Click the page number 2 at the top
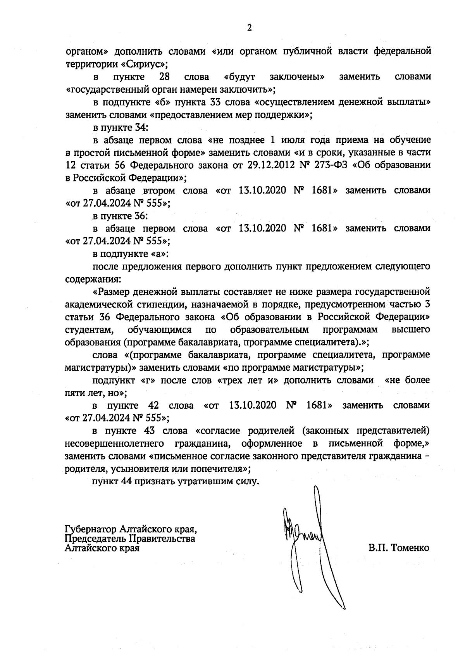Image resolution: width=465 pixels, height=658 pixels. coord(249,28)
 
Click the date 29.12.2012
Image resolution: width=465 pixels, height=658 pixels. coord(267,166)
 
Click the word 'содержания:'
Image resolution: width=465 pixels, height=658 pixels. coord(88,279)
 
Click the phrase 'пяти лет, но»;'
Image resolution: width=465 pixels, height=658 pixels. coord(96,393)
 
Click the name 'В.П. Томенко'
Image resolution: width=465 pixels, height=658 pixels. coord(399,548)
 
